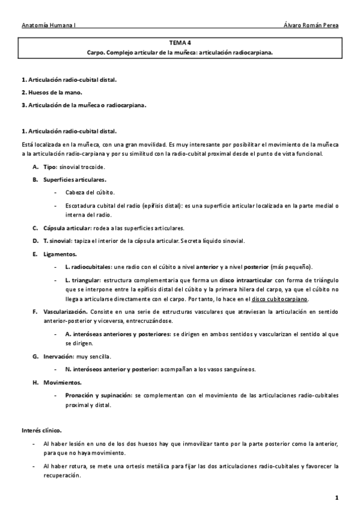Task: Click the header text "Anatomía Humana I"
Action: coord(47,26)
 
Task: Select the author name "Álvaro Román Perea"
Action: coord(311,26)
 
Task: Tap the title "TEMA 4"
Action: coord(180,43)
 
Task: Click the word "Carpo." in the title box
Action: coord(97,52)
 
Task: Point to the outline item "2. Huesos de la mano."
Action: coord(51,92)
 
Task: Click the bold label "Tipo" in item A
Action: coord(50,166)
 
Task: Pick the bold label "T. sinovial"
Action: coord(58,241)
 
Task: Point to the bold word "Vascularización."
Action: coord(66,312)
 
